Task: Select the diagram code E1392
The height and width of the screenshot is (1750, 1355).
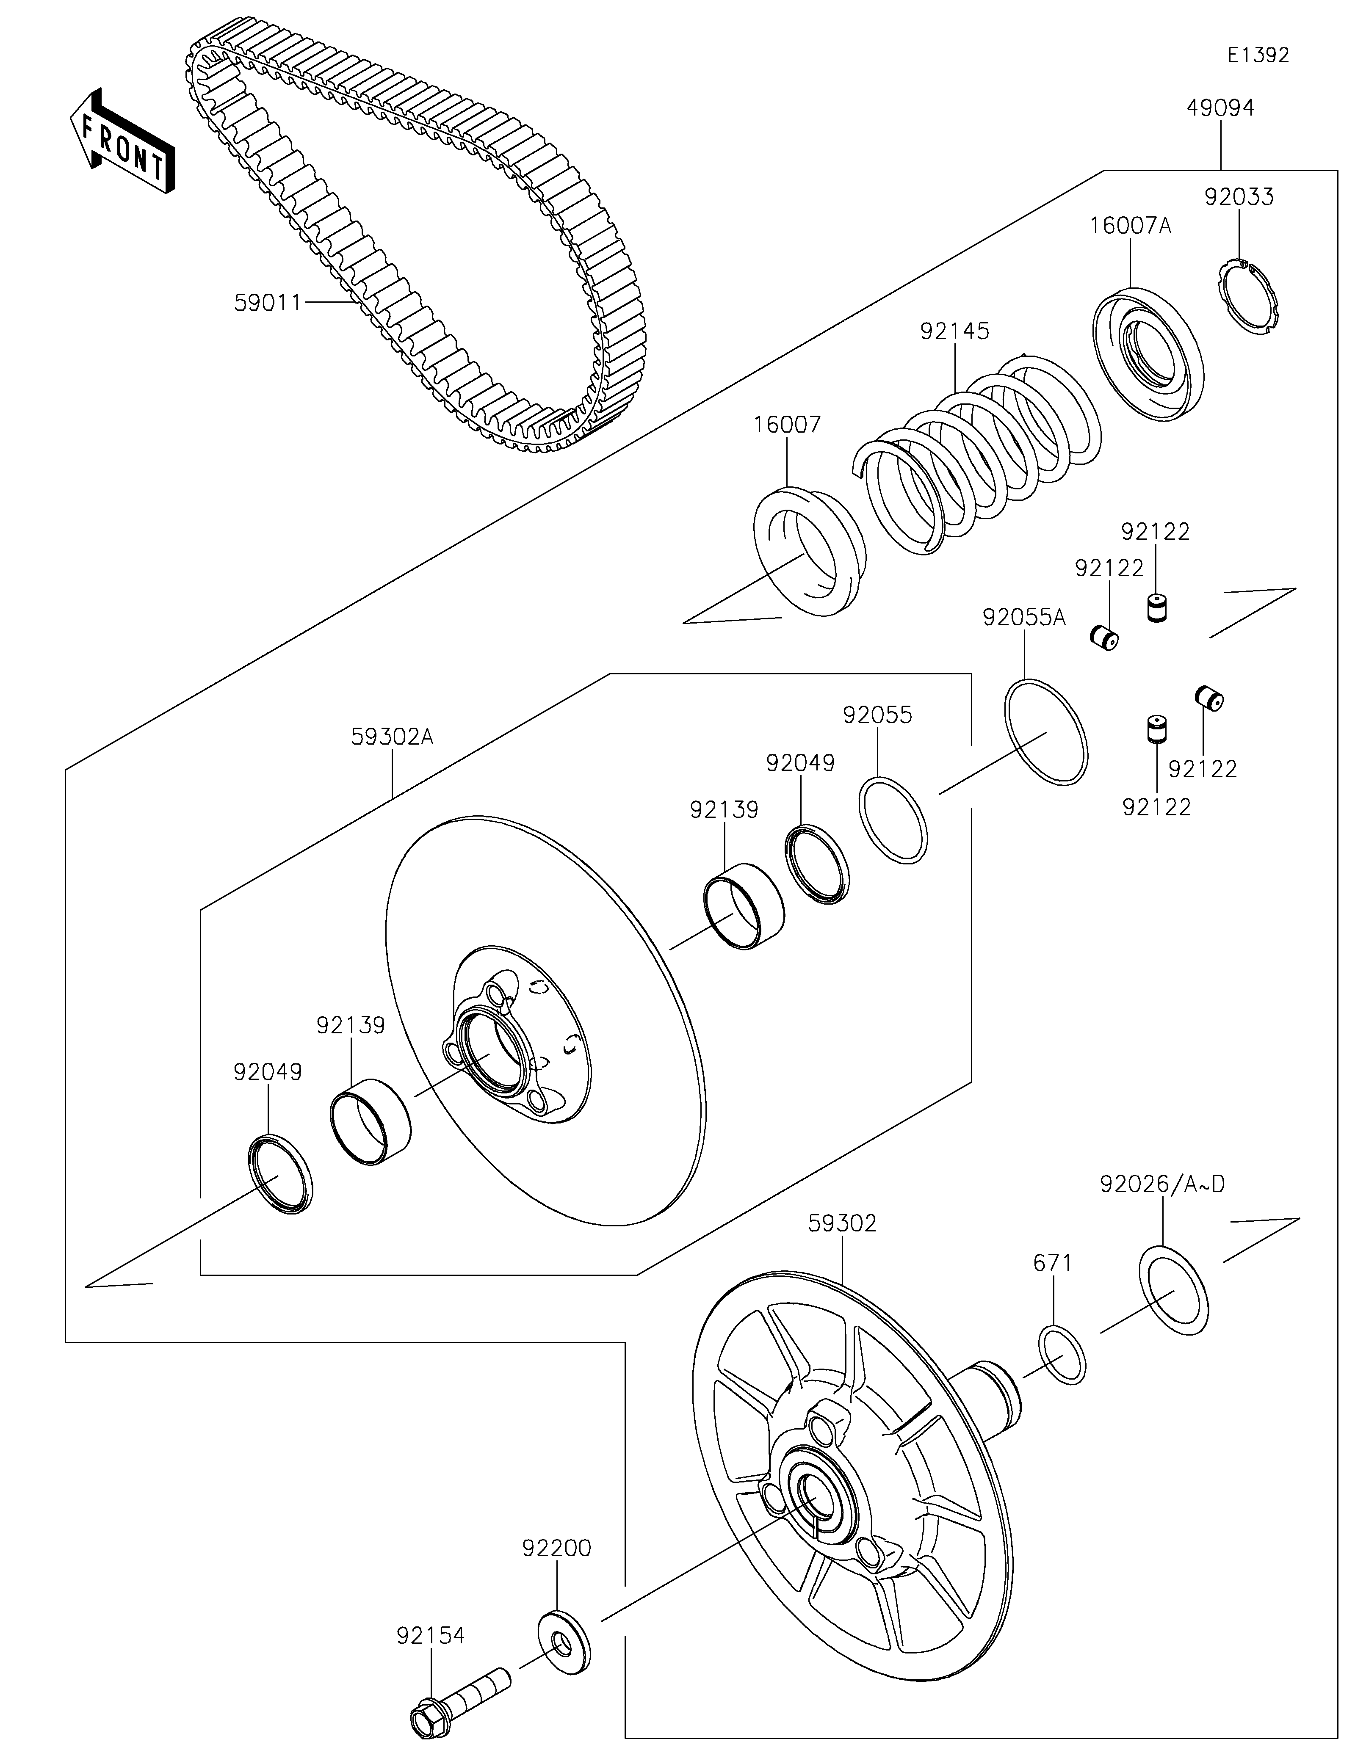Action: click(x=1258, y=55)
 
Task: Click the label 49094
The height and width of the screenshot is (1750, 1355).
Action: click(x=1220, y=108)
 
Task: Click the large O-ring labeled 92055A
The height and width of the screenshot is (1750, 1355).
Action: click(x=1046, y=731)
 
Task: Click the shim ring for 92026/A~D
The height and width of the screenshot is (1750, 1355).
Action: click(x=1174, y=1290)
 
